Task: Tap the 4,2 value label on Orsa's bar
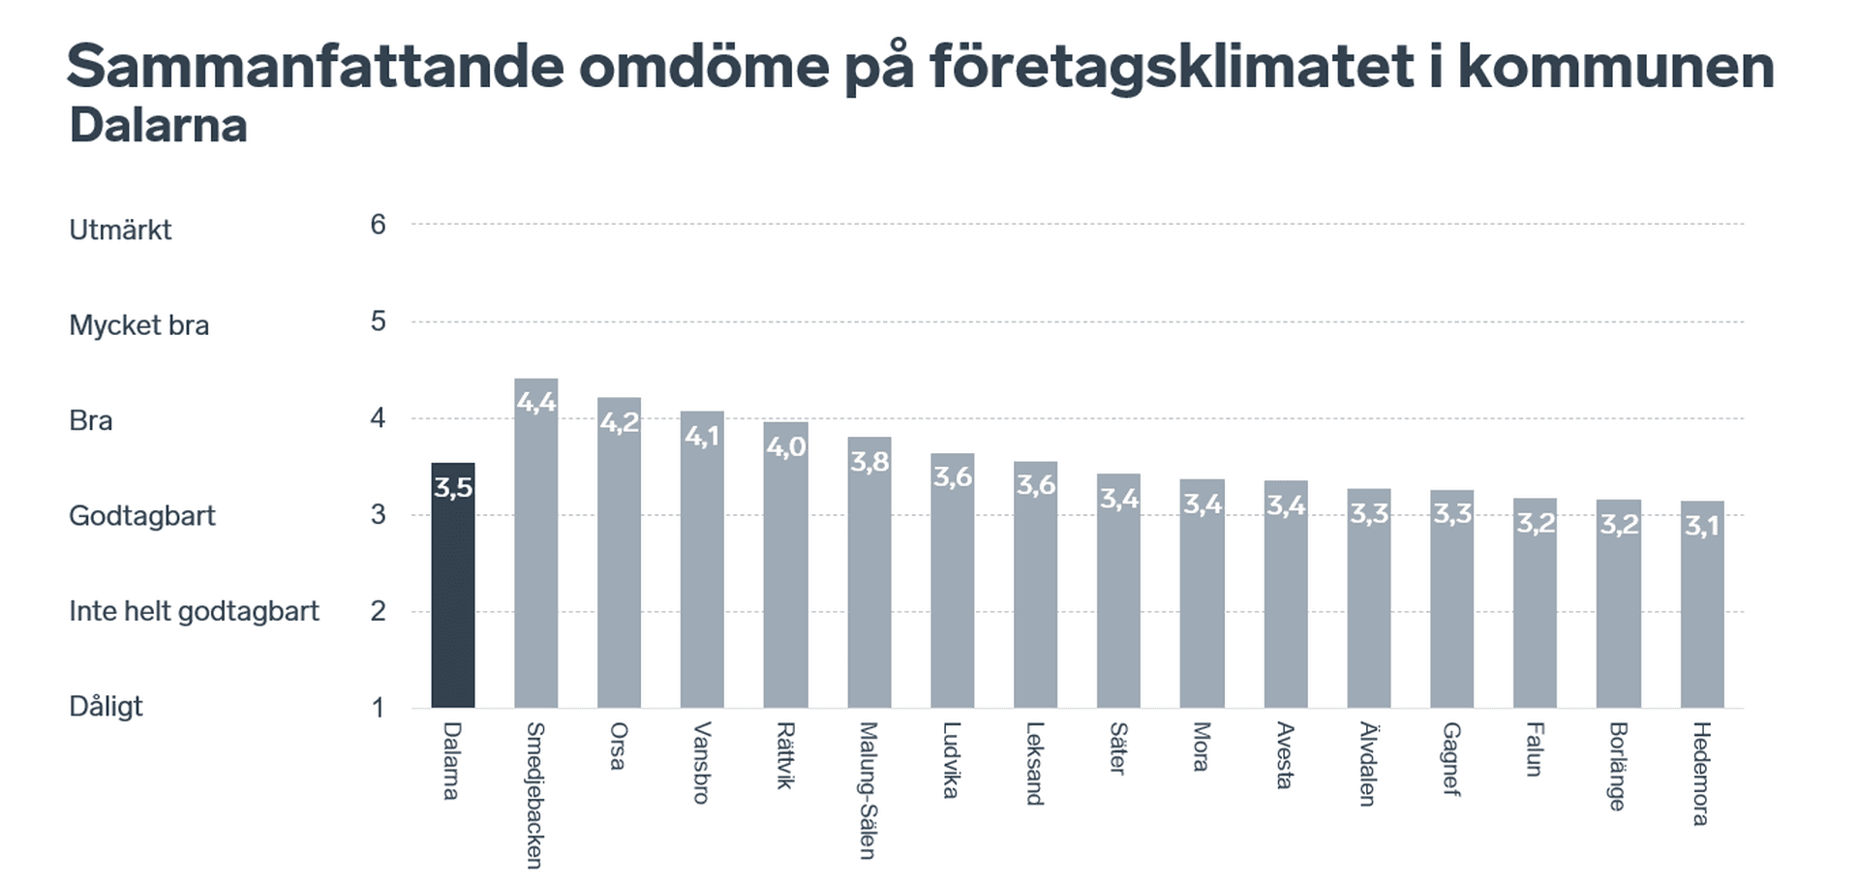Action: click(620, 423)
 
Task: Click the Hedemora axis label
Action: click(1701, 774)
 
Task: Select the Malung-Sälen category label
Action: click(868, 790)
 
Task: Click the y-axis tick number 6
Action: click(378, 225)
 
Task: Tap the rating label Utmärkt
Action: click(120, 230)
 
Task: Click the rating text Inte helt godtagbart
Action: click(194, 612)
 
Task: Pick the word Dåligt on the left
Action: click(106, 707)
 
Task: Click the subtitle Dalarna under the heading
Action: click(158, 126)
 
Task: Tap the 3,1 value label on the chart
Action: click(1701, 526)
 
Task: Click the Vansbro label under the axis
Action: click(702, 763)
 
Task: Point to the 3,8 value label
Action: click(869, 462)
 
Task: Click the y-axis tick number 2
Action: click(378, 612)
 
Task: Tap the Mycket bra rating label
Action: click(138, 325)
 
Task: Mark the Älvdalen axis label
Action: click(1367, 764)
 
